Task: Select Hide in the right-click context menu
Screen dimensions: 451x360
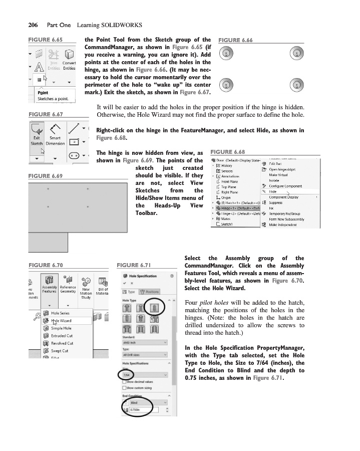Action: pos(273,191)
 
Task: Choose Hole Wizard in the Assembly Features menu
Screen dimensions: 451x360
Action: pos(62,321)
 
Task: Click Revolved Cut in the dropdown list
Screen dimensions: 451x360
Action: pos(62,343)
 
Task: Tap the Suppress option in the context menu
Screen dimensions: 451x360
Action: pos(276,202)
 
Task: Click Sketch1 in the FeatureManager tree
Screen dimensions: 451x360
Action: pos(227,224)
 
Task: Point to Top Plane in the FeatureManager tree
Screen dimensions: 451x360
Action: pos(229,186)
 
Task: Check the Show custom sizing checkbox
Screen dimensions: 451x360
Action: pos(125,388)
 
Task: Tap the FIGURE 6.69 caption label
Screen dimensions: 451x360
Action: pos(46,176)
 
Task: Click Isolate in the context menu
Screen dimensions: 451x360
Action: pos(274,180)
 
